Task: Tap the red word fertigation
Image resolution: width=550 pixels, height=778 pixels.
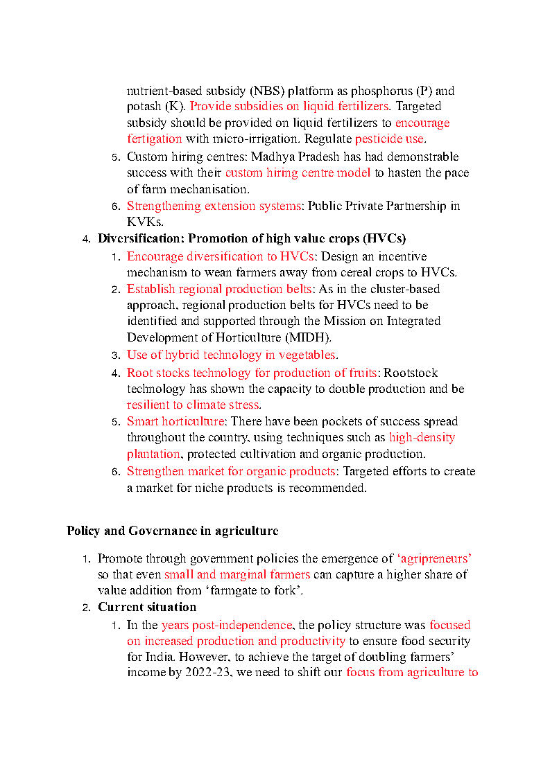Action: [155, 139]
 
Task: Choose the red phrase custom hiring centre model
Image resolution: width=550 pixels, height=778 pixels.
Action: [298, 173]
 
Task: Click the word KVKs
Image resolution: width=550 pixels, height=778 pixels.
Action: [145, 222]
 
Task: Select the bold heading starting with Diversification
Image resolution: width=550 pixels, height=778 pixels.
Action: [252, 239]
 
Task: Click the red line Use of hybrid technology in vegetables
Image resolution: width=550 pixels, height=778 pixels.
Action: [232, 355]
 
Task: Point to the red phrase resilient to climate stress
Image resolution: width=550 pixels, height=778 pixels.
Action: [193, 405]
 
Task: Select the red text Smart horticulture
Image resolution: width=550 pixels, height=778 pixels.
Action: [175, 421]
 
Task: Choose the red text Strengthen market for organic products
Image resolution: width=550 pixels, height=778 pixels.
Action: [231, 472]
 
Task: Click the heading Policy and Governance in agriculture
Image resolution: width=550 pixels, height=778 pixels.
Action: [173, 531]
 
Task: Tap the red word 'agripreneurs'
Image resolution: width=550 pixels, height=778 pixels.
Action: [434, 558]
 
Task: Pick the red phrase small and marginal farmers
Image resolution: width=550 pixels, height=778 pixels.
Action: [237, 575]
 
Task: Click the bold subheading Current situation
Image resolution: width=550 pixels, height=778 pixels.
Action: [147, 608]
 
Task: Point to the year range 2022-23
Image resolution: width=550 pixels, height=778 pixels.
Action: [209, 673]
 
